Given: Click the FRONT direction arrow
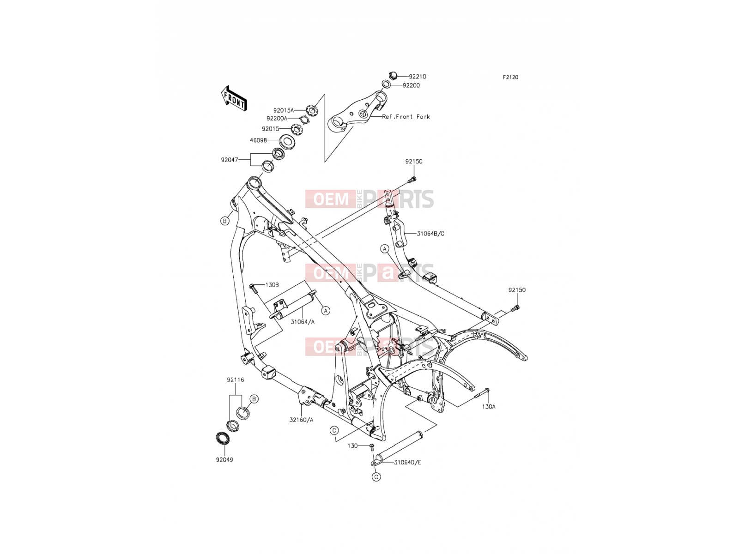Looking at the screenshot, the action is point(234,98).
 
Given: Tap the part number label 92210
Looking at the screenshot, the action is point(417,77).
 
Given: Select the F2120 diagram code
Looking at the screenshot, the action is point(510,78).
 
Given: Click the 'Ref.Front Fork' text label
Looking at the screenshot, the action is point(406,117).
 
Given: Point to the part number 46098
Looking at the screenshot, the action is point(258,140).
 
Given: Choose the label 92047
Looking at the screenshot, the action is point(230,160).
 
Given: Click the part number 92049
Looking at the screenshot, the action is point(224,460).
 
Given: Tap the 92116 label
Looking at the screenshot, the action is point(236,380).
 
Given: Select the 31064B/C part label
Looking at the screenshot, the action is point(430,234).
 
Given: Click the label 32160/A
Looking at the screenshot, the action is point(301,420).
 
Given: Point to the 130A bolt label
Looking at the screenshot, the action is point(489,407).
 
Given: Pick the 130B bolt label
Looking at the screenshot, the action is point(272,285).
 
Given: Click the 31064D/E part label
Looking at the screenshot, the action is point(408,462).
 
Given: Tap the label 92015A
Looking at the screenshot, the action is point(284,110).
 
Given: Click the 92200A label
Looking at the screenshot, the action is point(277,118).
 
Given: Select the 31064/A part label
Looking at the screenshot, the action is point(303,322).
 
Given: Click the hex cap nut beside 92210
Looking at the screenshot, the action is point(393,76).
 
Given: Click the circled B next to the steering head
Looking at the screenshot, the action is point(224,221).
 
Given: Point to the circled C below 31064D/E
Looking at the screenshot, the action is point(376,476).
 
